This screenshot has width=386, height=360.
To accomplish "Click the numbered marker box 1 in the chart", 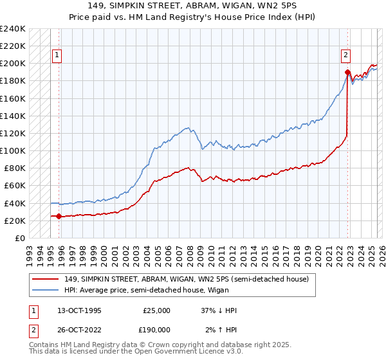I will pos(57,56).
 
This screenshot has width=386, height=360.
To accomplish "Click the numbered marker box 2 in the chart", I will pos(346,56).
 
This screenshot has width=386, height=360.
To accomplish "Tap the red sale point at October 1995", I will pos(59,216).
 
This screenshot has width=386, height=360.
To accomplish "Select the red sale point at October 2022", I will pos(347,72).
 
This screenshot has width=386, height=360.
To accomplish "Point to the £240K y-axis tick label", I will pos(13,29).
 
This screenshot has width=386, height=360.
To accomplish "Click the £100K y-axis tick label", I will pos(13,150).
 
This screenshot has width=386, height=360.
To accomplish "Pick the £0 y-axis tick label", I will pos(20,238).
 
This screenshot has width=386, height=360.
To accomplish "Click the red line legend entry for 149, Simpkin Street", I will pos(187,278).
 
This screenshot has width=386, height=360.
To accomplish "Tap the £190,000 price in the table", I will pos(156,329).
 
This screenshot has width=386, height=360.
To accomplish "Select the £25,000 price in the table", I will pos(156,310).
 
